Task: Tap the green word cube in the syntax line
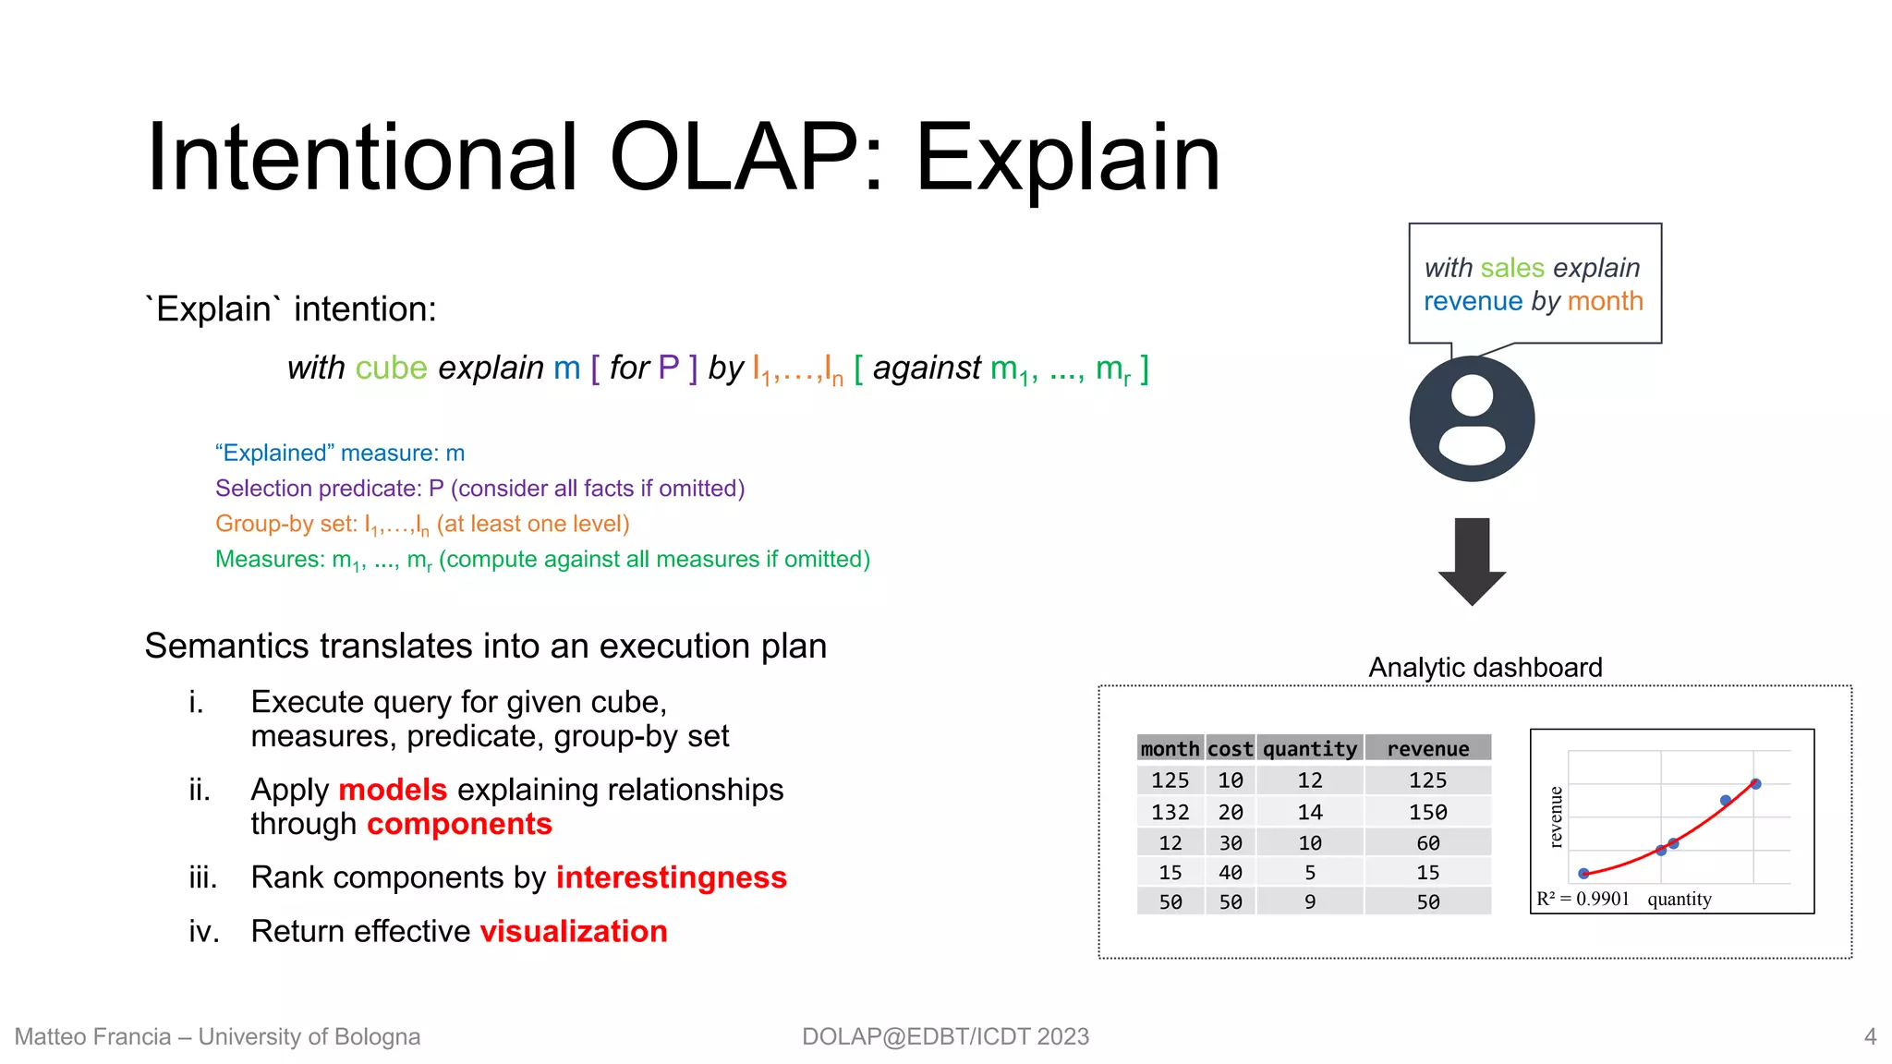coord(391,369)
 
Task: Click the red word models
coord(393,790)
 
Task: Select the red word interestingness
coord(671,877)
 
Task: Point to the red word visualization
coord(573,931)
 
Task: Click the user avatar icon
coord(1472,418)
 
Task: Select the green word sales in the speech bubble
coord(1511,268)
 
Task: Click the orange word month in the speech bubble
coord(1605,301)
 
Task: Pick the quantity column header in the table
coord(1309,749)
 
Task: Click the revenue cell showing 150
coord(1427,813)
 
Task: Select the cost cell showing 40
coord(1230,873)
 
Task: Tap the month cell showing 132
coord(1170,813)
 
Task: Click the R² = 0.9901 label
coord(1583,900)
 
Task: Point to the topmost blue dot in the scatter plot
coord(1755,784)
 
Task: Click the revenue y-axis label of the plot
coord(1556,817)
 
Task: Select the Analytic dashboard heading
coord(1485,668)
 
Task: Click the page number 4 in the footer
coord(1870,1036)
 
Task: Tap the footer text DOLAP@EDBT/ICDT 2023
coord(945,1036)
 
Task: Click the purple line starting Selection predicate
coord(479,489)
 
